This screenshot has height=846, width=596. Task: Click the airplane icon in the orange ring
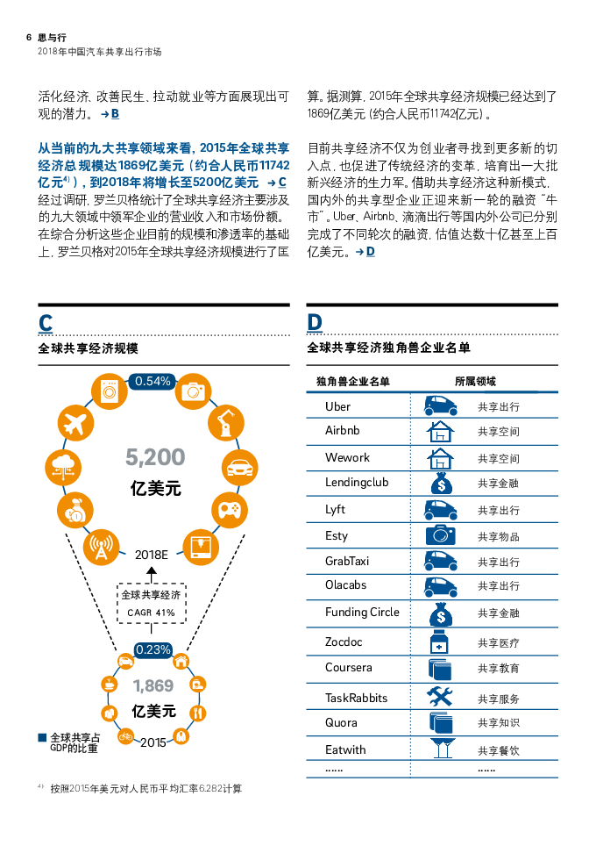(75, 425)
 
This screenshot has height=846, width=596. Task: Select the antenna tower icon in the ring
(102, 548)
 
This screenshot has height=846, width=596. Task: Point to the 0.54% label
(153, 381)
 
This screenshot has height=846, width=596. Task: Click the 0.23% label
(153, 650)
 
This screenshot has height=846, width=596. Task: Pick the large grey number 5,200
(155, 456)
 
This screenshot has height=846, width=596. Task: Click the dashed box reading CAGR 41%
(151, 604)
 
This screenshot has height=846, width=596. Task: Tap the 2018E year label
(151, 555)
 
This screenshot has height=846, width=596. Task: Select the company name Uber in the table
(337, 406)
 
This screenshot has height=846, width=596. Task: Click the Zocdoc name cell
(344, 642)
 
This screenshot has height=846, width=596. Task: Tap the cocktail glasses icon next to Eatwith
(441, 749)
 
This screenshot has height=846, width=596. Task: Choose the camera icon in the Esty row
(440, 535)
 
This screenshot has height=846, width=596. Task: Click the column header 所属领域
(475, 381)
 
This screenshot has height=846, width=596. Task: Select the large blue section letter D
(315, 323)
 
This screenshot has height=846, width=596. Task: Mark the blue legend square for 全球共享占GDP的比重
(42, 738)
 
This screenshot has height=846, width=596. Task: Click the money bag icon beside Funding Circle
(440, 614)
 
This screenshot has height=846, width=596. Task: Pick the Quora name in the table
(341, 723)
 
